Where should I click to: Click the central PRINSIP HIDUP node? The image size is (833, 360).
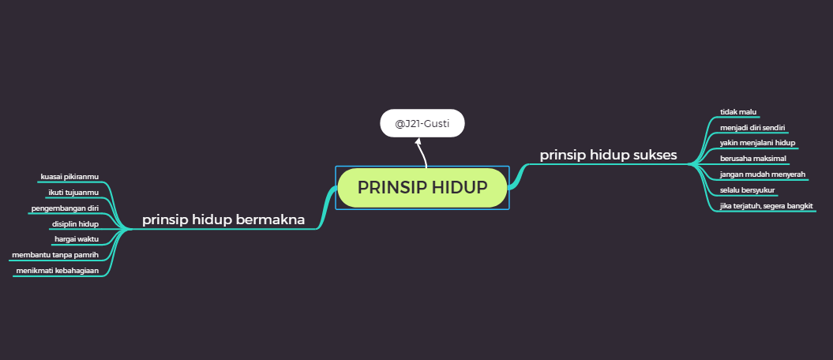[422, 188]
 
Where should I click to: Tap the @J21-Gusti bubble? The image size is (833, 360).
[422, 123]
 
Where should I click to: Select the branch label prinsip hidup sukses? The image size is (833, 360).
[608, 155]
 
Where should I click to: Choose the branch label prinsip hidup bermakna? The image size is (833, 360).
[223, 220]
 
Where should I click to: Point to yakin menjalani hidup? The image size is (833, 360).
[757, 143]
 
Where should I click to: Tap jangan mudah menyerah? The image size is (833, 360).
[763, 174]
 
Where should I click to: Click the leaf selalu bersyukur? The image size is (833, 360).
[748, 190]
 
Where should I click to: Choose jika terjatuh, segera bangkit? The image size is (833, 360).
[767, 206]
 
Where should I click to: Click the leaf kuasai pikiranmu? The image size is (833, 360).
[75, 177]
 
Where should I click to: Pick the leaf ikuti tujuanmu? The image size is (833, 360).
[78, 193]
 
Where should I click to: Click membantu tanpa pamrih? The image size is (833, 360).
[55, 255]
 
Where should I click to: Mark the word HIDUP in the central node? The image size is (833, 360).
[459, 188]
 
